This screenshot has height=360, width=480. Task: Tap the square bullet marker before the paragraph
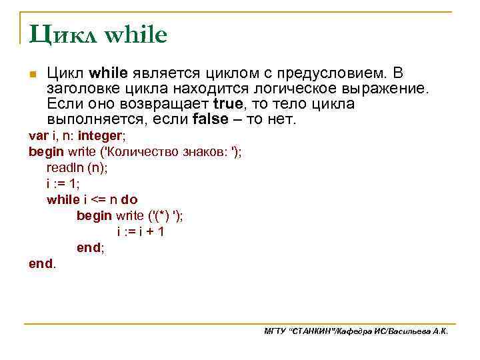coord(32,74)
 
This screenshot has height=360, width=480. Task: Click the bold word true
coord(229,105)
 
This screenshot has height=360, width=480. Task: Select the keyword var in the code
coord(37,136)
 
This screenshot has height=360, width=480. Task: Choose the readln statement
coord(77,168)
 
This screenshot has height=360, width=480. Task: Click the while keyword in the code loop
coord(63,200)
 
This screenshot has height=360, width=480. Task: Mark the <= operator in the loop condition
coord(97,200)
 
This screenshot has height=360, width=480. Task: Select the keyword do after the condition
coord(129,200)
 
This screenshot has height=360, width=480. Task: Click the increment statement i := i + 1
coord(141,232)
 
